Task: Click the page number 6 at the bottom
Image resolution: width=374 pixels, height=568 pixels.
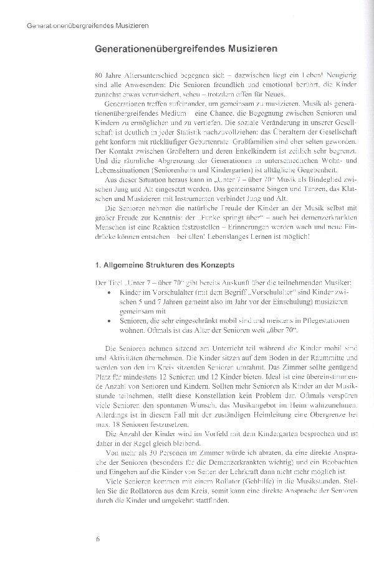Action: (98, 539)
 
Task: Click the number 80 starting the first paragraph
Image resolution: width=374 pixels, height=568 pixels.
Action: (91, 73)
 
